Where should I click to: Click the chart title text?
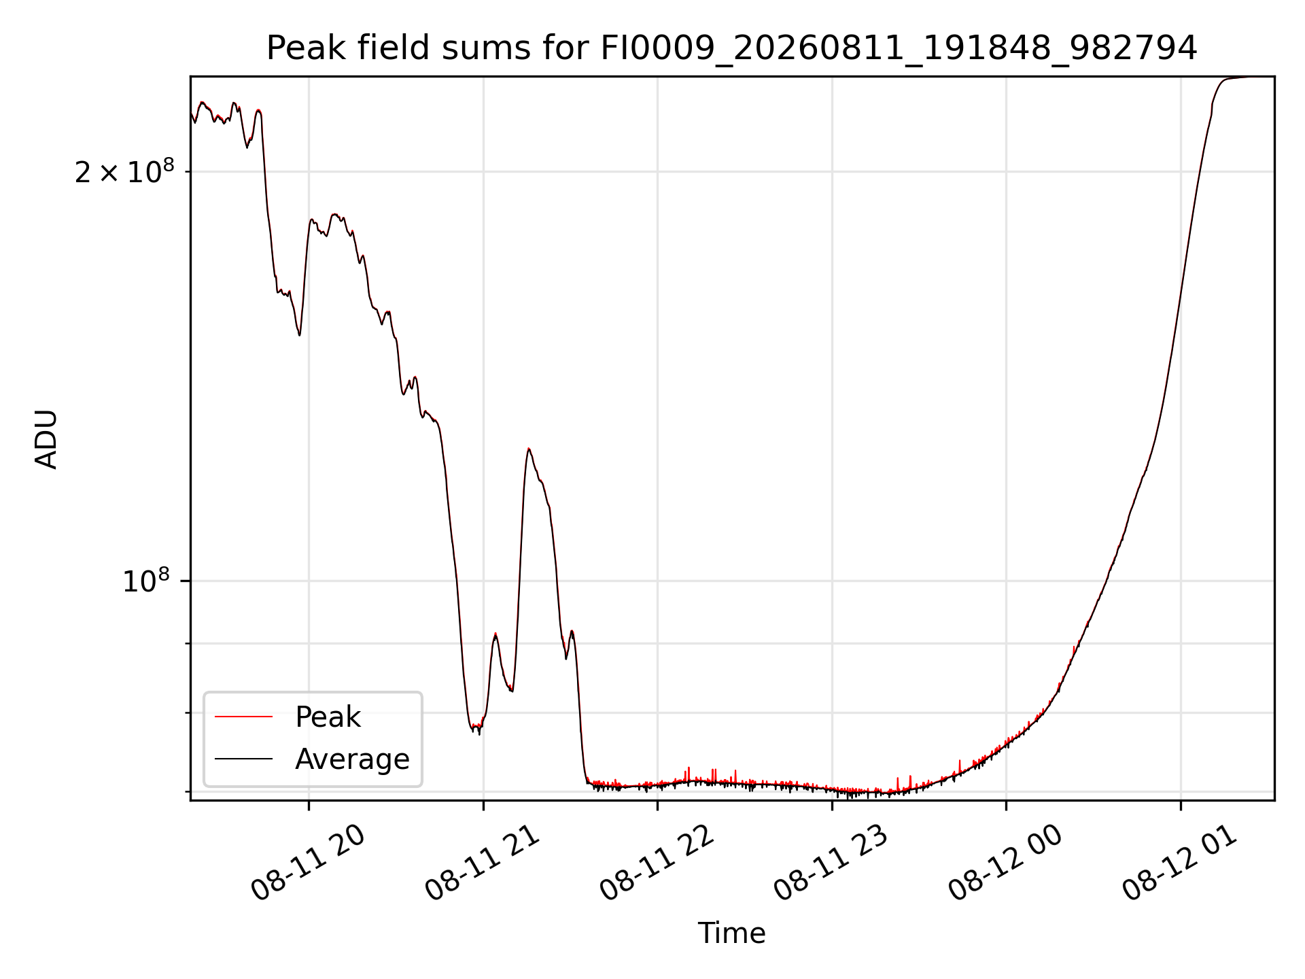(x=731, y=48)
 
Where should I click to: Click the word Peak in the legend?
(x=328, y=717)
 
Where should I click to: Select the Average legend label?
(x=352, y=759)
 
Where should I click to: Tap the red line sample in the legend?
(x=243, y=717)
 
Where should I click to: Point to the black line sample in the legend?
(x=243, y=759)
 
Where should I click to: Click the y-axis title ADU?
(x=46, y=439)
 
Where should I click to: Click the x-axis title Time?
(x=731, y=933)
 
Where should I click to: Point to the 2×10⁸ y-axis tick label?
(x=124, y=171)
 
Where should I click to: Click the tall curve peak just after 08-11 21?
(x=529, y=449)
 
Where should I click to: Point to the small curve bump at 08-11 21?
(x=495, y=634)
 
